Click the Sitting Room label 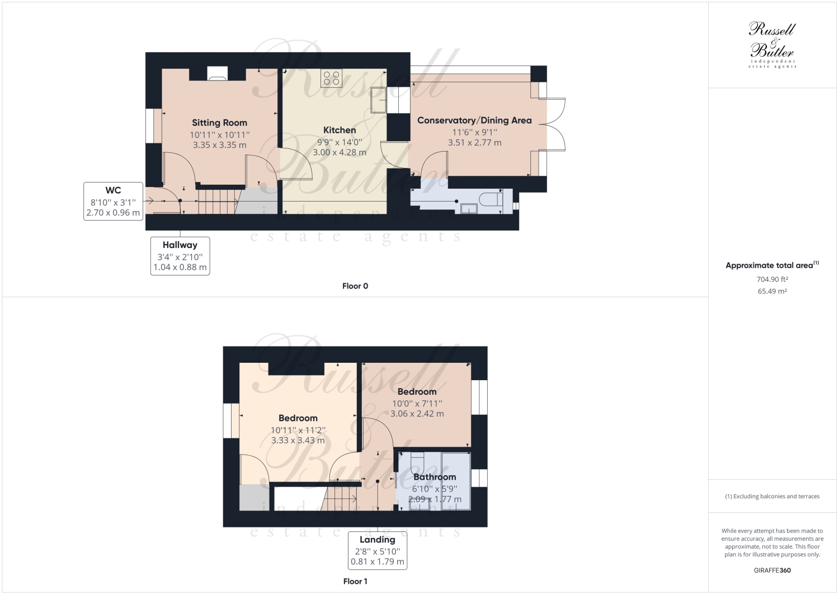219,123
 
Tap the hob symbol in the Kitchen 331,78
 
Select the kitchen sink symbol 380,99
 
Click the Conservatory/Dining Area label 474,120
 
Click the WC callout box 113,201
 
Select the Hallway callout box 180,256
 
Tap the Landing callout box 377,550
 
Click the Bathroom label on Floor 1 435,477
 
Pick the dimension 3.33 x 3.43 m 298,441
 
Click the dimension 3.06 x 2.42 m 417,414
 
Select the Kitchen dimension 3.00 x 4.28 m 340,152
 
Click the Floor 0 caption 355,286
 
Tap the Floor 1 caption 355,581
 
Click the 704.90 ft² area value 772,279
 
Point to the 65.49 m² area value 772,291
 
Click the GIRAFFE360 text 772,570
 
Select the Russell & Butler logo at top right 772,45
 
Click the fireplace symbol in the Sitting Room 217,74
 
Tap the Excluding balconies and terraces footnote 772,496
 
